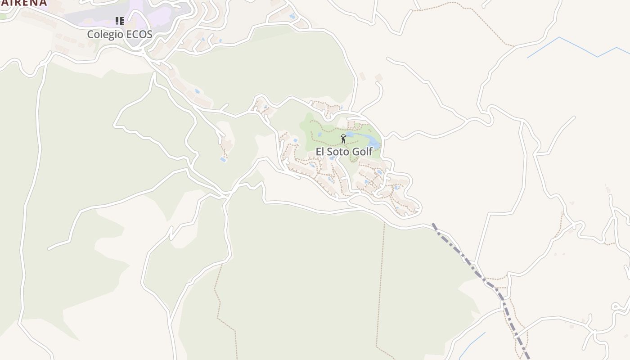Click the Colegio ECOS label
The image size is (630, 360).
(120, 34)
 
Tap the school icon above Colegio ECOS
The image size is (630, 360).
(119, 21)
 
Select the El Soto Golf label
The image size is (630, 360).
(344, 152)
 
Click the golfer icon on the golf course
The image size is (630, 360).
(343, 138)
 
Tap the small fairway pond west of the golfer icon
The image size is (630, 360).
(320, 134)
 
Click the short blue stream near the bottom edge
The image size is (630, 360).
(472, 344)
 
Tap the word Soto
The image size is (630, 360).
(337, 152)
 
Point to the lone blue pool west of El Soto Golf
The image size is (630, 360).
(223, 159)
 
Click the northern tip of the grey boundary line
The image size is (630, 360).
(433, 224)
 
